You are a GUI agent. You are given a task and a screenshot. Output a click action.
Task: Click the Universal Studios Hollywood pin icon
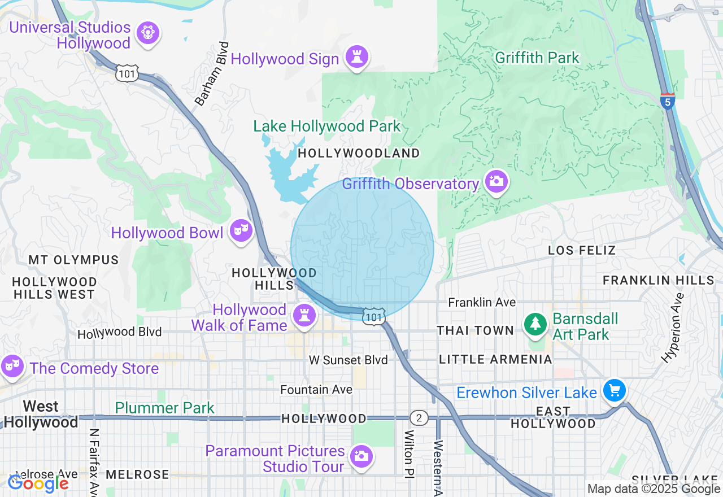tap(147, 32)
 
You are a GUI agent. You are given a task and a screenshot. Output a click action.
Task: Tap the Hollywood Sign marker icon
tap(357, 56)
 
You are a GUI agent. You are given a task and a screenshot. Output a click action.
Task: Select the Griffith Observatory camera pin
tap(496, 181)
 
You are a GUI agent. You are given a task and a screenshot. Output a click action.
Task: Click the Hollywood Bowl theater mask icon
tap(241, 230)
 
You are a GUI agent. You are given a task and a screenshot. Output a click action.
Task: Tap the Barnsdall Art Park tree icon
tap(535, 324)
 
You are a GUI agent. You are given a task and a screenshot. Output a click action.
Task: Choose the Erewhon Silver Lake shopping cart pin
tap(614, 390)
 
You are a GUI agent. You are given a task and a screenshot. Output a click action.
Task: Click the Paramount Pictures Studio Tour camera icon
tap(360, 456)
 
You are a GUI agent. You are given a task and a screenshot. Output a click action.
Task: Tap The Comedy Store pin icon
tap(11, 366)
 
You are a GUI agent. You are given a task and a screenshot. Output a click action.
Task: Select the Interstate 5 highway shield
tap(668, 101)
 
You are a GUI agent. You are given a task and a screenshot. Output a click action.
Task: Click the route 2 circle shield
tap(419, 418)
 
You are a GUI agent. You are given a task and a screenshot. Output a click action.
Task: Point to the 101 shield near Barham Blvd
tap(128, 72)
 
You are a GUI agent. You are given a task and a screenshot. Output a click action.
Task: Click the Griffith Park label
tap(537, 58)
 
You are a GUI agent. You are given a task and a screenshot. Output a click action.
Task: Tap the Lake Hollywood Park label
tap(327, 127)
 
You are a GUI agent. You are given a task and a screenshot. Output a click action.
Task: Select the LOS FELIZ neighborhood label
tap(582, 250)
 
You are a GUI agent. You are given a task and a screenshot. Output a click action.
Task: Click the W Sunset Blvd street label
tap(349, 360)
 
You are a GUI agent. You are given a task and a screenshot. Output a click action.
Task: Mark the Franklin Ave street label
tap(482, 303)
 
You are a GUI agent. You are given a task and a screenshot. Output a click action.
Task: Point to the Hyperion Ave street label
tap(673, 327)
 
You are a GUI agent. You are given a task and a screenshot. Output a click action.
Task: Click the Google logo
tap(38, 483)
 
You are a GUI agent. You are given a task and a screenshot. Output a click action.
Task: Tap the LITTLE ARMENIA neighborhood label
tap(495, 359)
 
